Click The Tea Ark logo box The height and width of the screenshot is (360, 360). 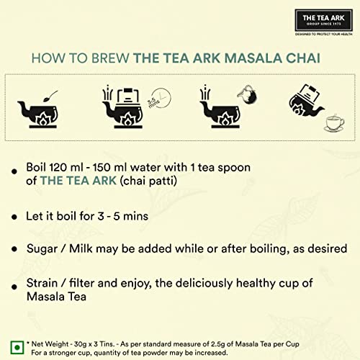323,20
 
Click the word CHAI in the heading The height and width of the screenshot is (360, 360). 303,58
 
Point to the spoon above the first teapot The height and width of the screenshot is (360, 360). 50,96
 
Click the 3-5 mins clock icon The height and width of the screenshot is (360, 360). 160,99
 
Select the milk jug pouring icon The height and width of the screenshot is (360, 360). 247,94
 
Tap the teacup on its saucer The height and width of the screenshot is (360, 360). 335,123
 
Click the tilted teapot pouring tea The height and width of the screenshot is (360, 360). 306,101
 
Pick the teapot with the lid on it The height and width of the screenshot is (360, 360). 122,108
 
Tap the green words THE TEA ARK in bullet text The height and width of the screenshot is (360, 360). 78,181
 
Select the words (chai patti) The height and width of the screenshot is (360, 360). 148,181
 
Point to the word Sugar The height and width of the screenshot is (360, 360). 42,249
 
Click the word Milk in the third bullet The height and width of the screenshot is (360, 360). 81,248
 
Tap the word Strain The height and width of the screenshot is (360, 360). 42,283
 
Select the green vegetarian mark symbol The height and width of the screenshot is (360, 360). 17,347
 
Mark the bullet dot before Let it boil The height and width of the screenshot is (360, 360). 14,217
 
